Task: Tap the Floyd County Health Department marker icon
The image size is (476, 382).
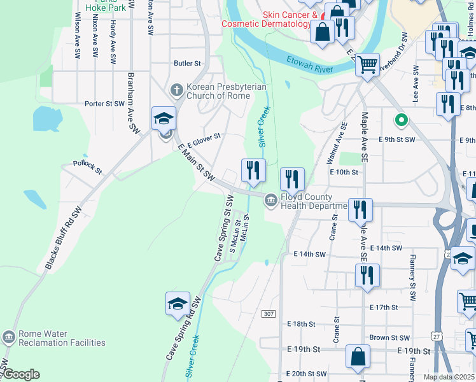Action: (271, 201)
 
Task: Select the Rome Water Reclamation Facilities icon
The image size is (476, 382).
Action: (8, 337)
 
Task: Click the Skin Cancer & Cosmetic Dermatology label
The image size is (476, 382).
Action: (269, 19)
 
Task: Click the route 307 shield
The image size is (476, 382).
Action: (269, 314)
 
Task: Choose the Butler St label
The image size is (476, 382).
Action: (187, 64)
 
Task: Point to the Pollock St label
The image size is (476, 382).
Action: (87, 167)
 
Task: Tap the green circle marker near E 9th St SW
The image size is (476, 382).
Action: (401, 119)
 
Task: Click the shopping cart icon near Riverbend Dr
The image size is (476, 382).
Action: (367, 64)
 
